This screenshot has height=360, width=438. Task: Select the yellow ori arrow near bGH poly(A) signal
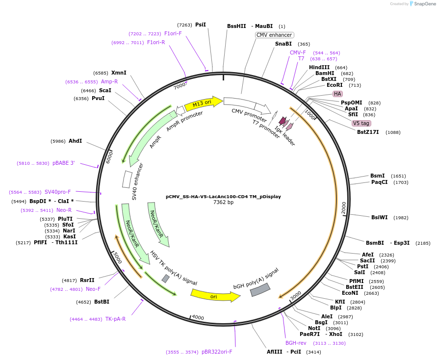click(x=215, y=296)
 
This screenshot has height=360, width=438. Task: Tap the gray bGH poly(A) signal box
click(x=260, y=290)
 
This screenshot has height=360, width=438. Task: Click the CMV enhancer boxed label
click(x=275, y=35)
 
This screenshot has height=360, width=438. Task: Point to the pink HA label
click(x=337, y=94)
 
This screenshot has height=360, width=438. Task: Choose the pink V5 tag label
click(x=361, y=123)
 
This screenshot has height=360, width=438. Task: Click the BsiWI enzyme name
click(x=380, y=217)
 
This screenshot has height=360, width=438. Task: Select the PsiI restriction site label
click(x=201, y=25)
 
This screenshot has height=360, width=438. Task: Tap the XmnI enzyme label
click(x=119, y=73)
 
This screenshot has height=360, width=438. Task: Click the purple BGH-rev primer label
click(x=296, y=343)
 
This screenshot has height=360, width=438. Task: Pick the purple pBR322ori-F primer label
click(x=217, y=352)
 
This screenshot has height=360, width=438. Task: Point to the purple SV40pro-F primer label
click(x=57, y=192)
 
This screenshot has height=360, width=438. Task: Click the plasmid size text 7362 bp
click(x=223, y=202)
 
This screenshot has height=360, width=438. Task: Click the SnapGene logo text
click(x=425, y=4)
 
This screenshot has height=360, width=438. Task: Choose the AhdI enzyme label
click(x=75, y=141)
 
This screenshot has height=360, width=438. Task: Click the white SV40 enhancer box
click(x=127, y=179)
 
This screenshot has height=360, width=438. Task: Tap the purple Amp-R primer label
click(x=109, y=81)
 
